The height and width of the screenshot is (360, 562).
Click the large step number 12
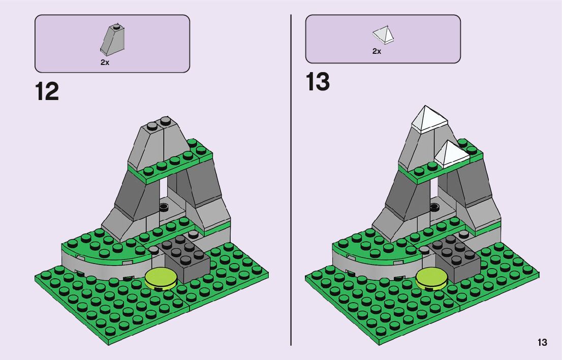click(47, 92)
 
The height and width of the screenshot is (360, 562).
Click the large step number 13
click(318, 82)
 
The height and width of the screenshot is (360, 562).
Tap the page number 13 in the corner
click(542, 342)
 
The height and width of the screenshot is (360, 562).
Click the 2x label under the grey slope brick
click(105, 63)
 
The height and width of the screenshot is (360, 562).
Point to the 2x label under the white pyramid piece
click(377, 51)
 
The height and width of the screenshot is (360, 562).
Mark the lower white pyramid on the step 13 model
click(450, 153)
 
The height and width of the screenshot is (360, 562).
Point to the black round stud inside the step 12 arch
click(164, 207)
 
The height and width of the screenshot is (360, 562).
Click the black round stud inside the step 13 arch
click(434, 207)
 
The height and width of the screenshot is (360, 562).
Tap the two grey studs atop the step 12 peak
click(159, 122)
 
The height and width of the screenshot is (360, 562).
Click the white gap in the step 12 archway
click(164, 190)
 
